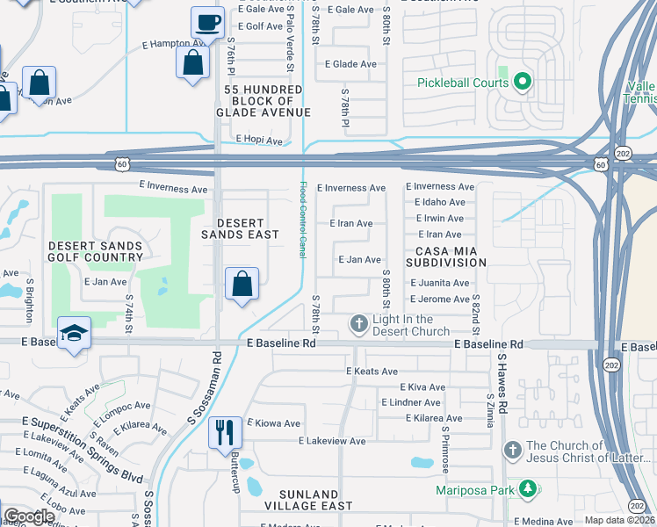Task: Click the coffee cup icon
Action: (x=207, y=23)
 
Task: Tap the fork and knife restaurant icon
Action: (x=223, y=432)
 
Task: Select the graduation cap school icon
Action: (x=74, y=333)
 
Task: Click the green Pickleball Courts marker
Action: (x=523, y=83)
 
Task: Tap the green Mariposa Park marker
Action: (x=527, y=487)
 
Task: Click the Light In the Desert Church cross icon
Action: (x=358, y=325)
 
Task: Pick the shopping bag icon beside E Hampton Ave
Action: (x=192, y=62)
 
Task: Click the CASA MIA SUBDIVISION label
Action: (x=444, y=256)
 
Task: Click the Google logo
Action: (x=28, y=516)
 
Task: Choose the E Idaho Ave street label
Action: (x=439, y=202)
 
